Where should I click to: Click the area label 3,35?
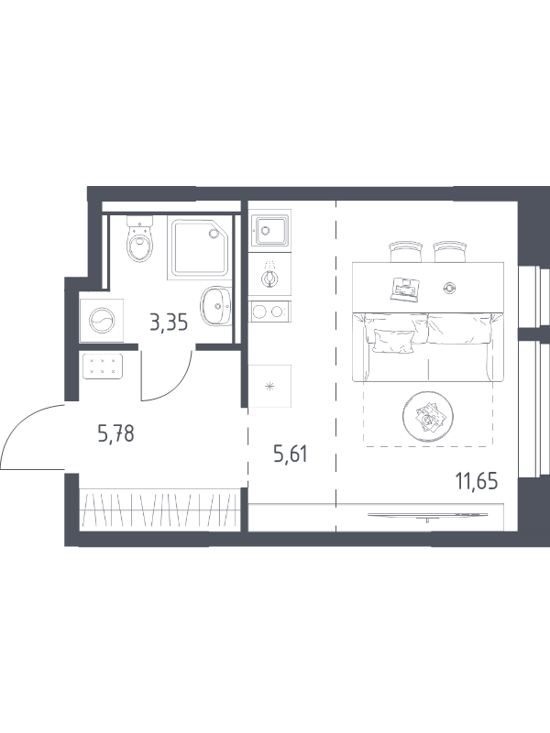(169, 323)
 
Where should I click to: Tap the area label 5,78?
(116, 433)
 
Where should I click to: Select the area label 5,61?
(291, 454)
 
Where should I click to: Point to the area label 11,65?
(477, 480)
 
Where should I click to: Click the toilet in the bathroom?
(140, 240)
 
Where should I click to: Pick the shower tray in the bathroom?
(200, 247)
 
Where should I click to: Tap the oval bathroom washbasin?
(216, 306)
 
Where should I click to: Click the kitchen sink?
(269, 230)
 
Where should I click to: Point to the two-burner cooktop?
(269, 312)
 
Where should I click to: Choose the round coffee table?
(428, 417)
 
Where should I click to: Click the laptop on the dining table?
(404, 289)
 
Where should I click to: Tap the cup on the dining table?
(450, 289)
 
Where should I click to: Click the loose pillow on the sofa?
(394, 340)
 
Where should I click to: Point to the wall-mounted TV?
(428, 515)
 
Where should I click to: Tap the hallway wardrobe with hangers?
(159, 509)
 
